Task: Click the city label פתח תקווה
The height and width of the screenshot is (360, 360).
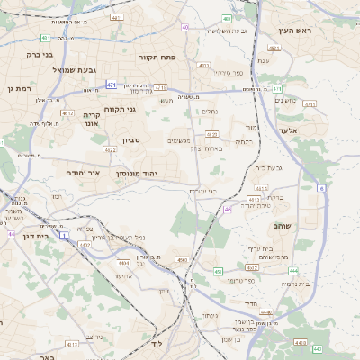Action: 161,56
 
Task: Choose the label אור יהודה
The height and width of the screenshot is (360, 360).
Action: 87,172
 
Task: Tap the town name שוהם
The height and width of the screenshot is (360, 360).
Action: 281,228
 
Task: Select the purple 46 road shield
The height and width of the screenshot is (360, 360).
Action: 229,209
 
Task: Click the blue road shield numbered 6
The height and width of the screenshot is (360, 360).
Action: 321,188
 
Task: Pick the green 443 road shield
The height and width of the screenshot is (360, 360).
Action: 317,347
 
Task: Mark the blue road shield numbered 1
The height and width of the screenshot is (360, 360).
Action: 65,234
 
